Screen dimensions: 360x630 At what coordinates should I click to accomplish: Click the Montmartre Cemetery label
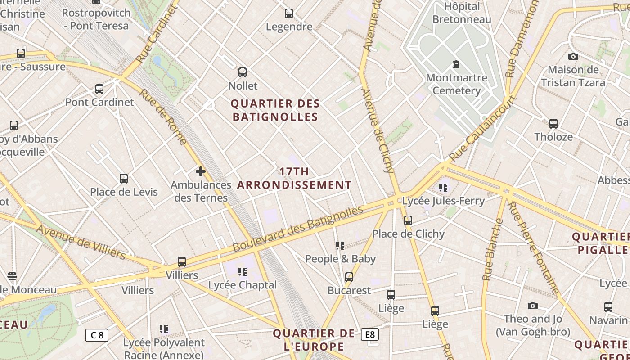456,84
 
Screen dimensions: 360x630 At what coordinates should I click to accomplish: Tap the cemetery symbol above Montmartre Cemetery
456,65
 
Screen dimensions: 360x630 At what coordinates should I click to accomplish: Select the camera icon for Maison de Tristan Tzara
573,56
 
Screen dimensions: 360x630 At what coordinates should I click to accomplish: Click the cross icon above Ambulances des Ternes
201,171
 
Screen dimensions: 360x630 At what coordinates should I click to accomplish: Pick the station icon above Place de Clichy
408,220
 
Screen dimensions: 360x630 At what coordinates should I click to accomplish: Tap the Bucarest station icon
349,277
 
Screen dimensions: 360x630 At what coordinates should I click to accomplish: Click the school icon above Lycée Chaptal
243,271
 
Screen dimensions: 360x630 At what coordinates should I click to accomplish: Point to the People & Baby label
340,259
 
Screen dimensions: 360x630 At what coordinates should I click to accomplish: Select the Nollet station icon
243,72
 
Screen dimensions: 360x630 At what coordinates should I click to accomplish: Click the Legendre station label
289,27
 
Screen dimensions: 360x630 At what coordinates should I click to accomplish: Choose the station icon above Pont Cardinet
99,89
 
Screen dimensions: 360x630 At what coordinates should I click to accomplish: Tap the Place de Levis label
124,192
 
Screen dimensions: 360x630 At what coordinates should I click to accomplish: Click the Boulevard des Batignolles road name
297,229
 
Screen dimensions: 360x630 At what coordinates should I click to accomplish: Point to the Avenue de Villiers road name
81,242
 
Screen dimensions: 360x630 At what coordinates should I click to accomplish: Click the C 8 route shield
97,335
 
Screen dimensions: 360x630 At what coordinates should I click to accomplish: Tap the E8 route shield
370,334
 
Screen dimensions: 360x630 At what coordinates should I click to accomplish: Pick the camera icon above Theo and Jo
533,306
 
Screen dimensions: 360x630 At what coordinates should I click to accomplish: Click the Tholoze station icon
553,123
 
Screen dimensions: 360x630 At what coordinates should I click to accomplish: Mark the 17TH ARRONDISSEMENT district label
294,178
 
